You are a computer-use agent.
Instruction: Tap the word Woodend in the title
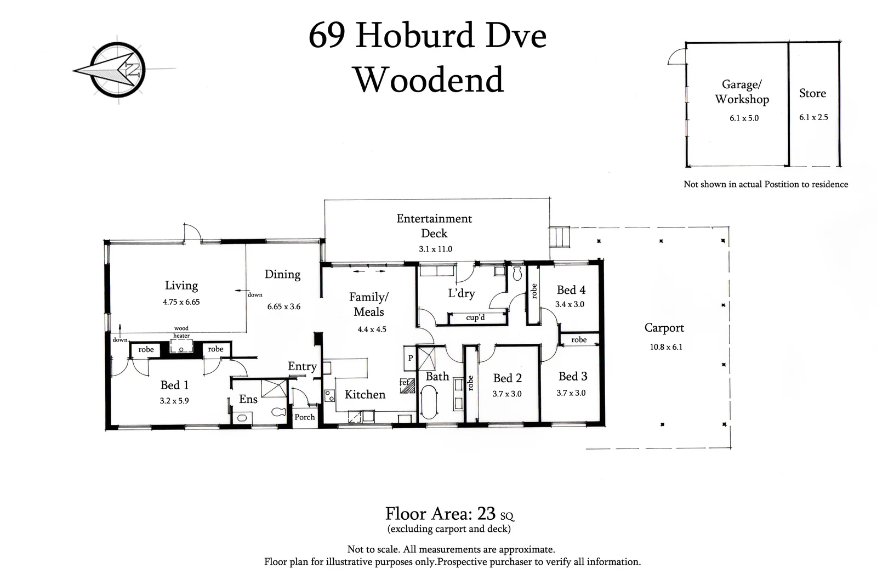[429, 80]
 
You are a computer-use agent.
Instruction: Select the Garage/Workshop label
[742, 92]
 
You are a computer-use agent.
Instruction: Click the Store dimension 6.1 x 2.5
[813, 117]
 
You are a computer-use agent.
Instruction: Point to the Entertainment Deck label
[434, 225]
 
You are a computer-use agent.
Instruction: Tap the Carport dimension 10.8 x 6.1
[666, 347]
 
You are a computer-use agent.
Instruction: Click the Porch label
[305, 417]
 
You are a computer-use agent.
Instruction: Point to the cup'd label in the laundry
[475, 317]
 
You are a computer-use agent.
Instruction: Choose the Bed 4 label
[571, 290]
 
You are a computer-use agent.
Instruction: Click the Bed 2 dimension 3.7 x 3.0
[507, 394]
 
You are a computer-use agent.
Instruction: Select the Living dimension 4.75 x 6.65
[181, 302]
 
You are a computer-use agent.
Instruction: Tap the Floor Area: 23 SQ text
[449, 514]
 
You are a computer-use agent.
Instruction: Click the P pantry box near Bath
[411, 358]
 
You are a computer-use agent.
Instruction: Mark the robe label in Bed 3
[579, 340]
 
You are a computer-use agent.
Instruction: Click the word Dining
[282, 274]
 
